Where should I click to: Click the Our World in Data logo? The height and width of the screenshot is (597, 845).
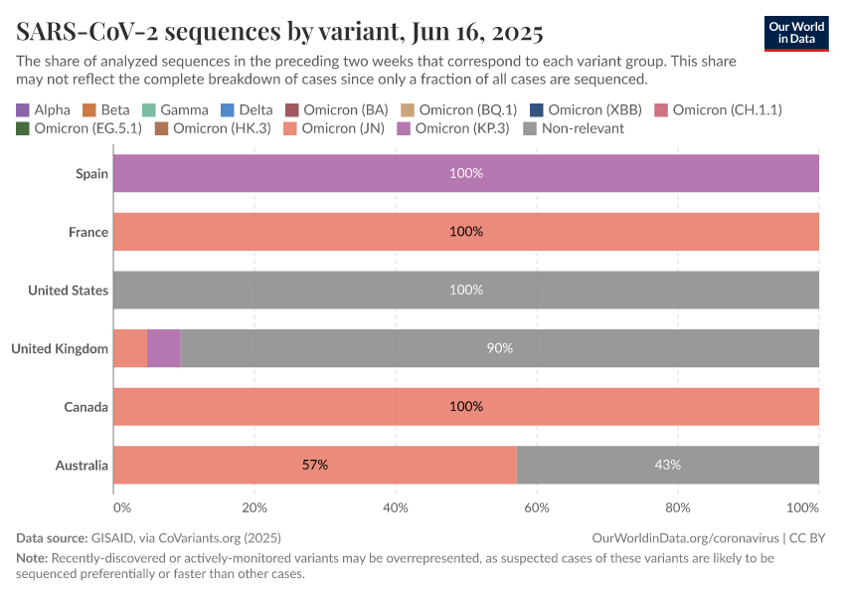pos(795,33)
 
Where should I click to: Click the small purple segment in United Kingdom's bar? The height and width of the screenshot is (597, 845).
pos(164,348)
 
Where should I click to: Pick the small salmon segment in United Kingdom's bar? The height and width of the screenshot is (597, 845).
pos(130,348)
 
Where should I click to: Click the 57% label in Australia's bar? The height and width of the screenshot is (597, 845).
pos(315,465)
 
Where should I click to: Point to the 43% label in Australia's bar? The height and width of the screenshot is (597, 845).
pos(667,465)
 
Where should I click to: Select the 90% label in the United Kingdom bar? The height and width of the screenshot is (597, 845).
pos(499,348)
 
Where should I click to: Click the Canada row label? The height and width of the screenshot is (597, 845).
pos(86,407)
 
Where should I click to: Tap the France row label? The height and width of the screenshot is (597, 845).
pos(87,232)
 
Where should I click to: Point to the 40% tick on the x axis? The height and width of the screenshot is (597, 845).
pos(396,507)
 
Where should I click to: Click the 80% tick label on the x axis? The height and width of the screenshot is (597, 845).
pos(677,507)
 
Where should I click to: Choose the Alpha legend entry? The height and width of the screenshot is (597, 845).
pos(44,109)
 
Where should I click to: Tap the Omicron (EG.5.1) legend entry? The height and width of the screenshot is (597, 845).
pos(79,128)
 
